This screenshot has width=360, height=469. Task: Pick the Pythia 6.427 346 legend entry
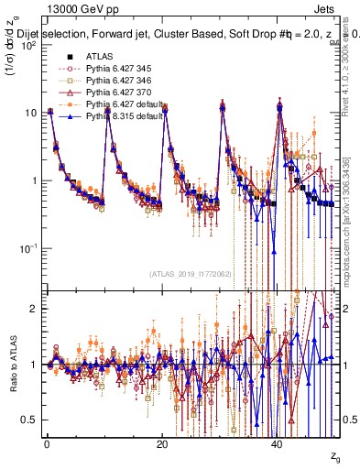click(101, 81)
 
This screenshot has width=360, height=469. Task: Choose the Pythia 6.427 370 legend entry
click(101, 93)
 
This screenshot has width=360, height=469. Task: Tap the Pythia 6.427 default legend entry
click(105, 104)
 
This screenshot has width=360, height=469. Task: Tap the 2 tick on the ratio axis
click(35, 309)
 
